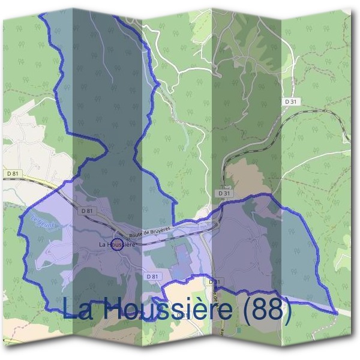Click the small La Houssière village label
(114, 245)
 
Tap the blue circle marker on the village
(118, 243)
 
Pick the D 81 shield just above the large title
(151, 276)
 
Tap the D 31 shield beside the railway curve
(292, 103)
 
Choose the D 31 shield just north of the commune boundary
(224, 193)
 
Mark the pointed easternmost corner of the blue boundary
(335, 312)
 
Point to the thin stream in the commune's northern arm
(102, 54)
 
